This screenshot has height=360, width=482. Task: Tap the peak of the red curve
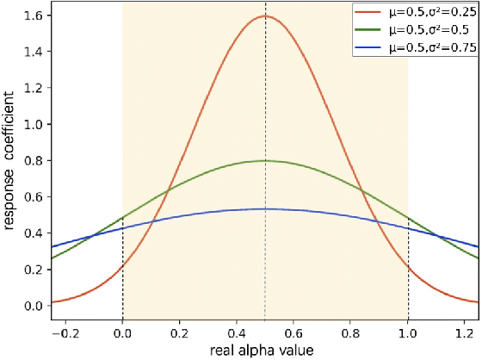265,16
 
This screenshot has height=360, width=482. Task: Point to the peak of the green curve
265,160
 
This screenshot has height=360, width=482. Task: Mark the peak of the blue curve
265,208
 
